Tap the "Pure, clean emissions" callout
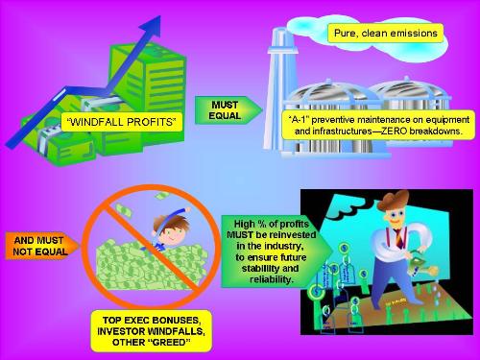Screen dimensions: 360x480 pos(383,34)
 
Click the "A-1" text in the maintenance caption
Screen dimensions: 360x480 pos(300,115)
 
